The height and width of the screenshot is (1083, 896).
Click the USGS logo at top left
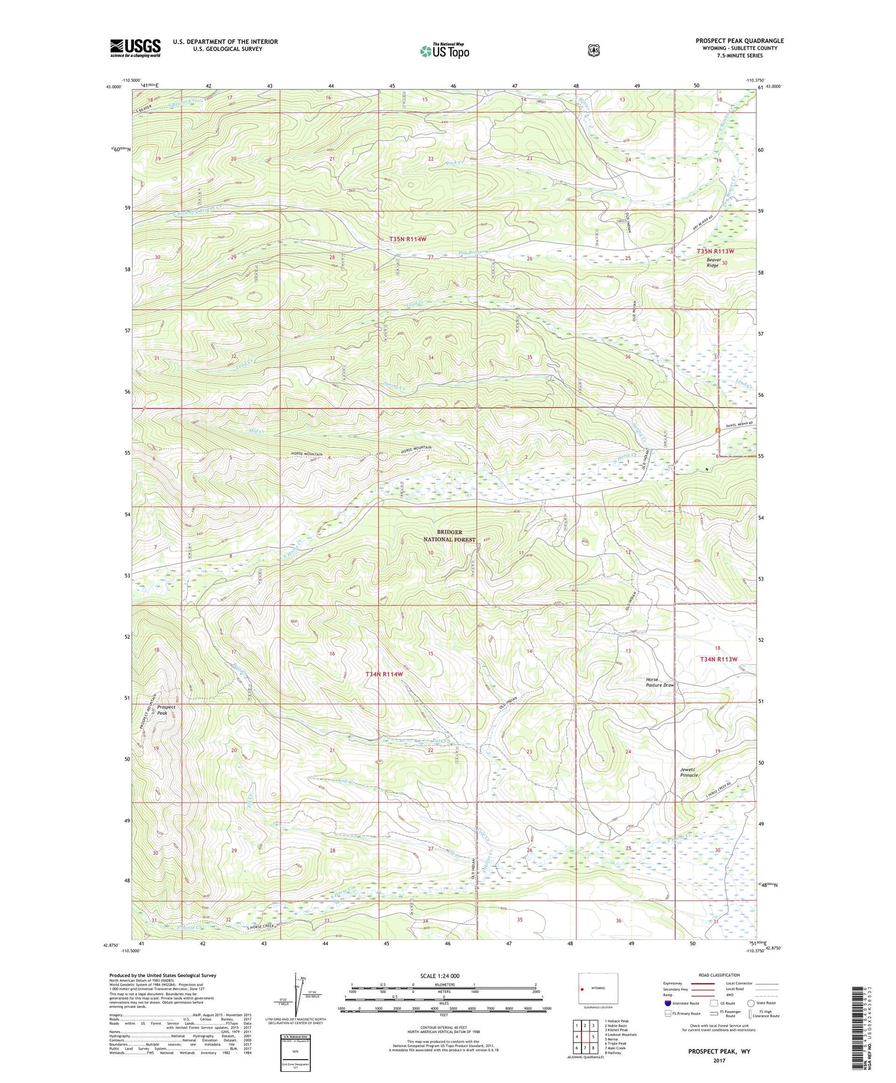[x=135, y=48]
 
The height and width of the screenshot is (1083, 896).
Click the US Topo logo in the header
[x=444, y=50]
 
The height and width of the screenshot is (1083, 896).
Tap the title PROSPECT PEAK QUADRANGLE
[x=739, y=41]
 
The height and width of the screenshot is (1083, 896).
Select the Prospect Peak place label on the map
[x=166, y=710]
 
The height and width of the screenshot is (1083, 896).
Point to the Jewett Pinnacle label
[x=689, y=772]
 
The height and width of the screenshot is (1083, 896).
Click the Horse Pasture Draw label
[x=660, y=682]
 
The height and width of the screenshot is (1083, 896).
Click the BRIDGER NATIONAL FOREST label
[x=450, y=536]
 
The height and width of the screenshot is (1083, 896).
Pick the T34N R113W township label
[x=719, y=659]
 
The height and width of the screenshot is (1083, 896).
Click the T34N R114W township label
[x=384, y=674]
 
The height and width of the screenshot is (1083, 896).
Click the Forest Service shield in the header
[x=594, y=50]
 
